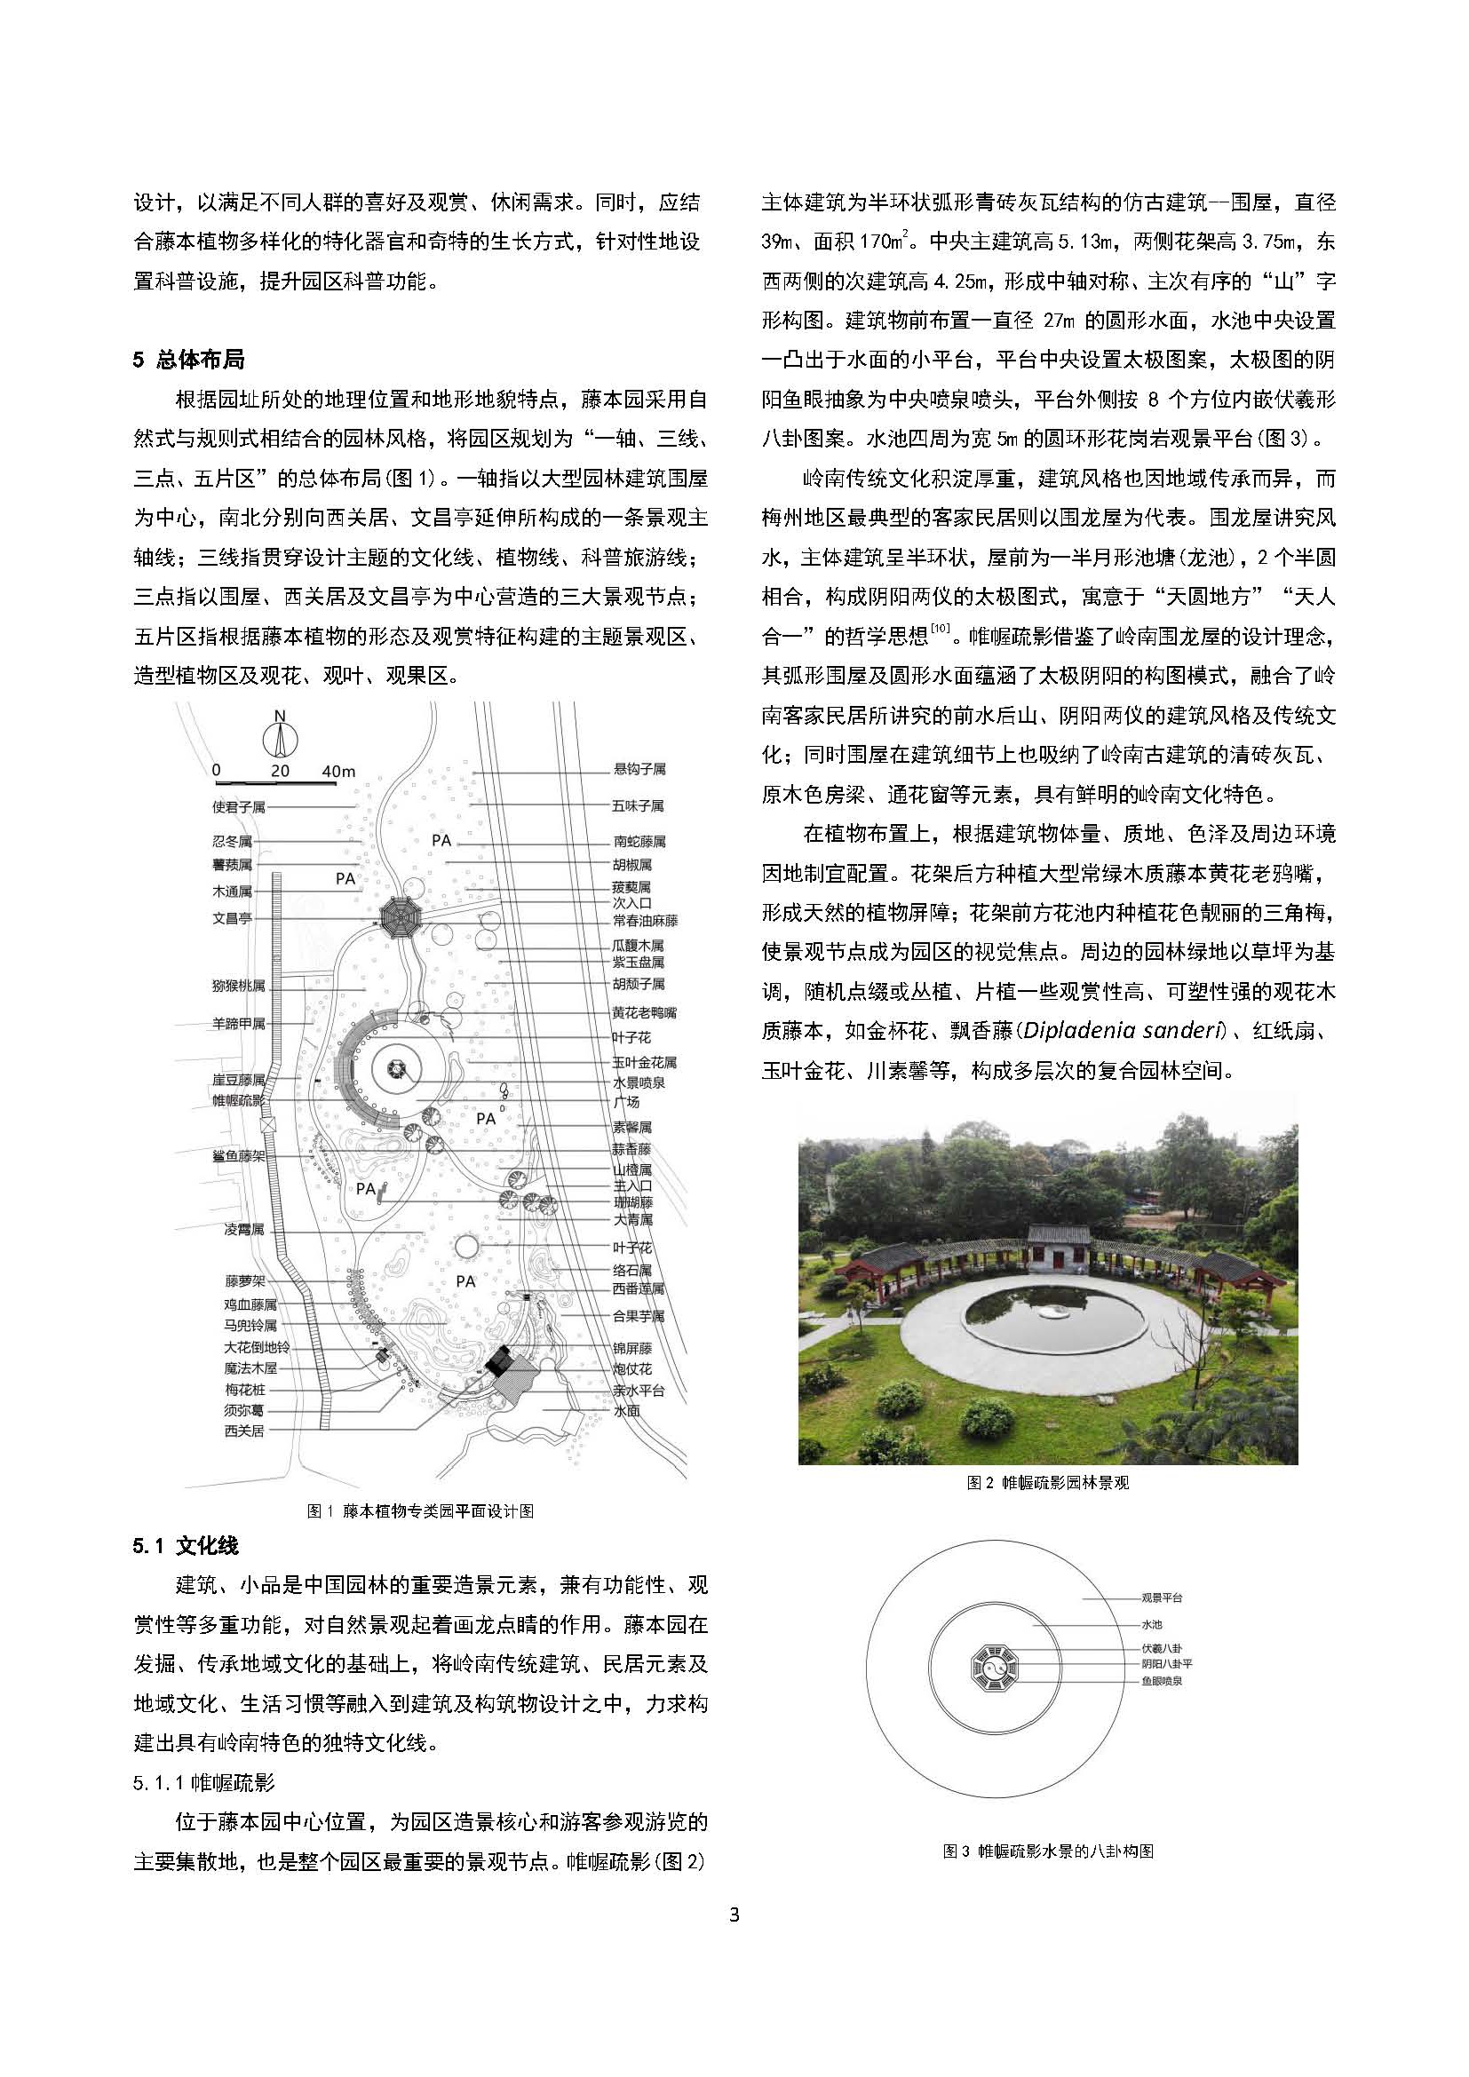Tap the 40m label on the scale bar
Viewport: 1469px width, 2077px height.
338,772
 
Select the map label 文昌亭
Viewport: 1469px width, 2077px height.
233,917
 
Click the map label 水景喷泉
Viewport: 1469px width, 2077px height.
639,1082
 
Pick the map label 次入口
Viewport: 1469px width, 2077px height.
631,903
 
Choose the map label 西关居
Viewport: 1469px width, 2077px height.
244,1431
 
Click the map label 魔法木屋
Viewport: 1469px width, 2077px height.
250,1368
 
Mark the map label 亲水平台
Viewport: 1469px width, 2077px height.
639,1391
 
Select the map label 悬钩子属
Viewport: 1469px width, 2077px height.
639,770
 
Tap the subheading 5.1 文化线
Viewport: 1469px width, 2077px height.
186,1546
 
